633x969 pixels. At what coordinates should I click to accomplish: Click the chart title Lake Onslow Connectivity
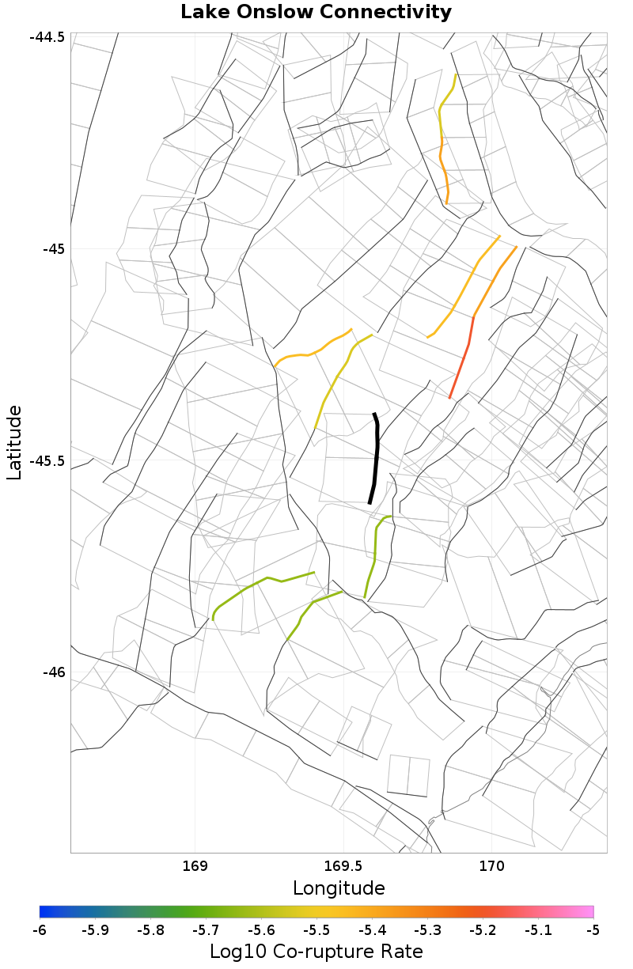[x=316, y=13]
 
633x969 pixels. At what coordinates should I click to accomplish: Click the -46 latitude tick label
[x=53, y=672]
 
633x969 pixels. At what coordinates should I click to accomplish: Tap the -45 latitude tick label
[x=53, y=249]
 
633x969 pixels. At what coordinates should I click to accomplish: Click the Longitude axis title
[x=339, y=888]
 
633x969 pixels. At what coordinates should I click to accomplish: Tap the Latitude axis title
[x=14, y=442]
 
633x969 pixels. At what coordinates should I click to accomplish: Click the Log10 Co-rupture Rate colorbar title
[x=316, y=951]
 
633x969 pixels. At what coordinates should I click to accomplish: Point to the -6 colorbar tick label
[x=40, y=929]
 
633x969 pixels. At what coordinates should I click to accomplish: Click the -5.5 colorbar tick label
[x=316, y=929]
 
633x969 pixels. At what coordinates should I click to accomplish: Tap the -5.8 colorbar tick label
[x=150, y=929]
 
